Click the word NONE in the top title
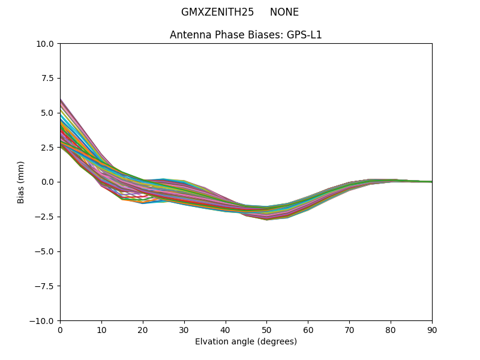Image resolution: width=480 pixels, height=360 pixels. pyautogui.click(x=284, y=12)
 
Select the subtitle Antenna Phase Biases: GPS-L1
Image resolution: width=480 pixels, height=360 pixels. pyautogui.click(x=246, y=35)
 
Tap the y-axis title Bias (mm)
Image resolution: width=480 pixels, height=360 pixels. pyautogui.click(x=21, y=182)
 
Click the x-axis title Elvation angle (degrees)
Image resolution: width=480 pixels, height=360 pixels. pyautogui.click(x=246, y=341)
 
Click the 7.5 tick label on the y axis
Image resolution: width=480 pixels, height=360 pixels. pyautogui.click(x=49, y=78)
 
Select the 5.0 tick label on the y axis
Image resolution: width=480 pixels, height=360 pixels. pyautogui.click(x=49, y=113)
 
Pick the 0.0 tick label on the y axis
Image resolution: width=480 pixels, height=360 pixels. pyautogui.click(x=49, y=182)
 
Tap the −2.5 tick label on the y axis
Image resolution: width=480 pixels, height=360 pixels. pyautogui.click(x=46, y=217)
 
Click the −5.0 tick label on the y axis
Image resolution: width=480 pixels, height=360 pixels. pyautogui.click(x=46, y=251)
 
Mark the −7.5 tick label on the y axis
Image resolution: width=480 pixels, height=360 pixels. pyautogui.click(x=46, y=286)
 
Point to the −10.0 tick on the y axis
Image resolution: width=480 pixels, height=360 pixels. pyautogui.click(x=44, y=320)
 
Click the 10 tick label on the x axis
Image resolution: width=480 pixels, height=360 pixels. pyautogui.click(x=101, y=330)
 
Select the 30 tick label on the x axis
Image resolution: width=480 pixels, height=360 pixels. pyautogui.click(x=184, y=330)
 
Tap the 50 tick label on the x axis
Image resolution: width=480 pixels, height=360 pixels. pyautogui.click(x=266, y=330)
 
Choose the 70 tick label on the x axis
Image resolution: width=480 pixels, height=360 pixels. pyautogui.click(x=349, y=330)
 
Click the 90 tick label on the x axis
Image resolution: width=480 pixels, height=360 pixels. pyautogui.click(x=432, y=330)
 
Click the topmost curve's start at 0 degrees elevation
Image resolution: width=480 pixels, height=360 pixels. pyautogui.click(x=61, y=99)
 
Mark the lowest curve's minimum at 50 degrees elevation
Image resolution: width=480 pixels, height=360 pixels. pyautogui.click(x=266, y=220)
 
